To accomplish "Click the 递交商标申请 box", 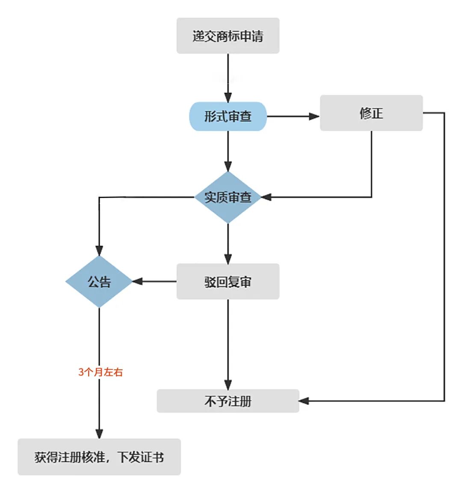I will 228,36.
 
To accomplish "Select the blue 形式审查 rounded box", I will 228,116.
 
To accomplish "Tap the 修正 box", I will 371,113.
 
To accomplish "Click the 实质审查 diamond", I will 228,197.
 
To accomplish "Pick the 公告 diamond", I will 99,282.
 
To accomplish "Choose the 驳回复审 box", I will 228,282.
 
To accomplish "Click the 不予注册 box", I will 228,401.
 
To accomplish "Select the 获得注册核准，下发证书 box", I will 99,457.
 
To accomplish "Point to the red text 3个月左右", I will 101,372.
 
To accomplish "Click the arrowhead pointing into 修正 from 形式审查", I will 314,116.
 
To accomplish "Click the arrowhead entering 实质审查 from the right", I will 266,197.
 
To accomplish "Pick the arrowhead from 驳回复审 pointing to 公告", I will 137,282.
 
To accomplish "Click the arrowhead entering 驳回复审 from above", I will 228,258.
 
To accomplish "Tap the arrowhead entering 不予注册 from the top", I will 228,384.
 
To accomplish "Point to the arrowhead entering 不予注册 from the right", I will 304,401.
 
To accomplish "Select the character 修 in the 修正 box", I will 365,113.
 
